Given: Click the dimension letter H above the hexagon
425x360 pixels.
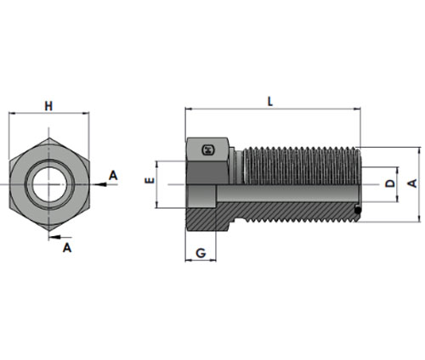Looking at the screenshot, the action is coord(48,106).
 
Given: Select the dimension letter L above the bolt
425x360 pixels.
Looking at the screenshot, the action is coord(270,101).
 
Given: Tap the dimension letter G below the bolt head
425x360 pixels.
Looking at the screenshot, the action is coord(201,253).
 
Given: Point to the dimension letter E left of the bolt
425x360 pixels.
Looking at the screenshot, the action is coord(150,181).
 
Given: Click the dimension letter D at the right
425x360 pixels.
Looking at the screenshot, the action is coord(390,183).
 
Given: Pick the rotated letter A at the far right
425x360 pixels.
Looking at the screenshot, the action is coord(412,183).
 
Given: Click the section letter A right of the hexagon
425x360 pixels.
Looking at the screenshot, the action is coord(113,176).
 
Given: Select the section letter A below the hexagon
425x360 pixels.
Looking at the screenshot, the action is coord(67,248).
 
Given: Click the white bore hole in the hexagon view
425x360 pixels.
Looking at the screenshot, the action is coord(49,184).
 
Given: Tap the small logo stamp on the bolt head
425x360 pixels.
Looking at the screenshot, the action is coord(208,150).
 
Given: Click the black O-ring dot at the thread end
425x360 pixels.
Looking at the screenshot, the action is coord(358,210).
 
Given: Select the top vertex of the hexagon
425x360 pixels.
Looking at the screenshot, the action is coord(49,138).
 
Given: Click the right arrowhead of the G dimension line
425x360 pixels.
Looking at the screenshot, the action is coord(212,260).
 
